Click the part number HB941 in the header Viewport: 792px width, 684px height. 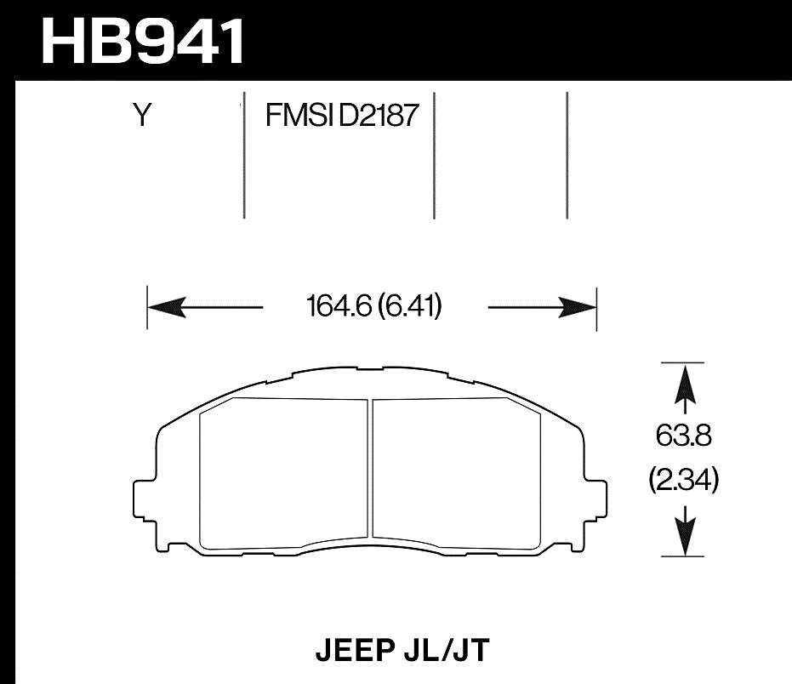[143, 40]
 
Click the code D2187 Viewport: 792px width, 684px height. [379, 115]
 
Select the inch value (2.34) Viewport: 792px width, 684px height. [683, 482]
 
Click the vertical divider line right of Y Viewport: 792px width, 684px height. [244, 157]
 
